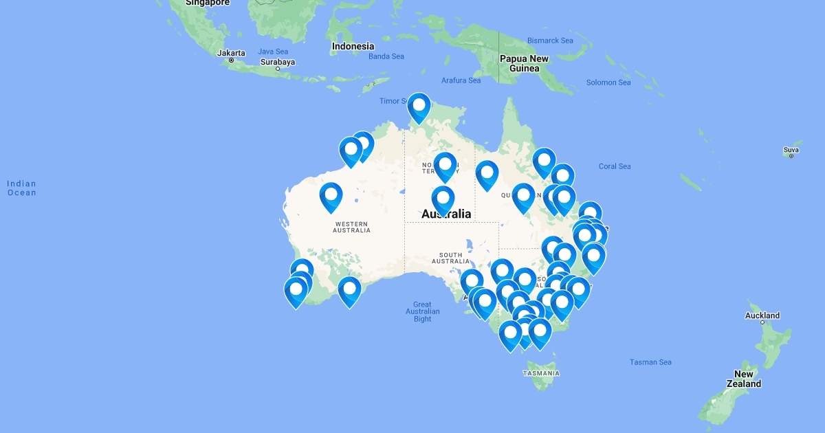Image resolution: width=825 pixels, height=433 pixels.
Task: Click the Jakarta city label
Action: (x=231, y=53)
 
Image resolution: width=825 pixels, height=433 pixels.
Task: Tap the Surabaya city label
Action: (x=278, y=62)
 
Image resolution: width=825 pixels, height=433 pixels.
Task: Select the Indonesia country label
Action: (x=353, y=47)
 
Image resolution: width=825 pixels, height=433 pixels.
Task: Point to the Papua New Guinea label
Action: (x=524, y=63)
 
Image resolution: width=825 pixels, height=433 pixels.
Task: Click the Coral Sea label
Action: (x=614, y=166)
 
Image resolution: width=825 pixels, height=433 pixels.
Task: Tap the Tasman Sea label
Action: (x=650, y=362)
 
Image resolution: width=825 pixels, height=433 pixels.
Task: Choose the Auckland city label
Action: (x=762, y=315)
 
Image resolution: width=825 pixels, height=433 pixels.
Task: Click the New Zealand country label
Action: (x=743, y=379)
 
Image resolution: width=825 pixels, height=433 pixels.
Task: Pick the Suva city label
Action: (x=791, y=150)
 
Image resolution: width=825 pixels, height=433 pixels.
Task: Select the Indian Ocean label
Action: (x=21, y=188)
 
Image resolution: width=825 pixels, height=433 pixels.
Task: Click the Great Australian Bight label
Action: (x=422, y=311)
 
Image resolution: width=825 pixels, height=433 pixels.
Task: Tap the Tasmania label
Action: (x=541, y=373)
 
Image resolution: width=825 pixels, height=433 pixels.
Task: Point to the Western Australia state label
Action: (x=352, y=227)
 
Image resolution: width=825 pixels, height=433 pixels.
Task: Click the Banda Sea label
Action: (x=386, y=56)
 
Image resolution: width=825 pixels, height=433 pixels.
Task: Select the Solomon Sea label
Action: (x=608, y=82)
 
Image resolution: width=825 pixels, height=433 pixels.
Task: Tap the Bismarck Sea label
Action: (x=549, y=41)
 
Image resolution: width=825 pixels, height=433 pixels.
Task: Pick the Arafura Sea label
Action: (x=461, y=80)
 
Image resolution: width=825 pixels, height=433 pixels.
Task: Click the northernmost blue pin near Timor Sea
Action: (x=419, y=107)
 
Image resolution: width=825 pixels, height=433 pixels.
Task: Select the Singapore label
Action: (x=207, y=3)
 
